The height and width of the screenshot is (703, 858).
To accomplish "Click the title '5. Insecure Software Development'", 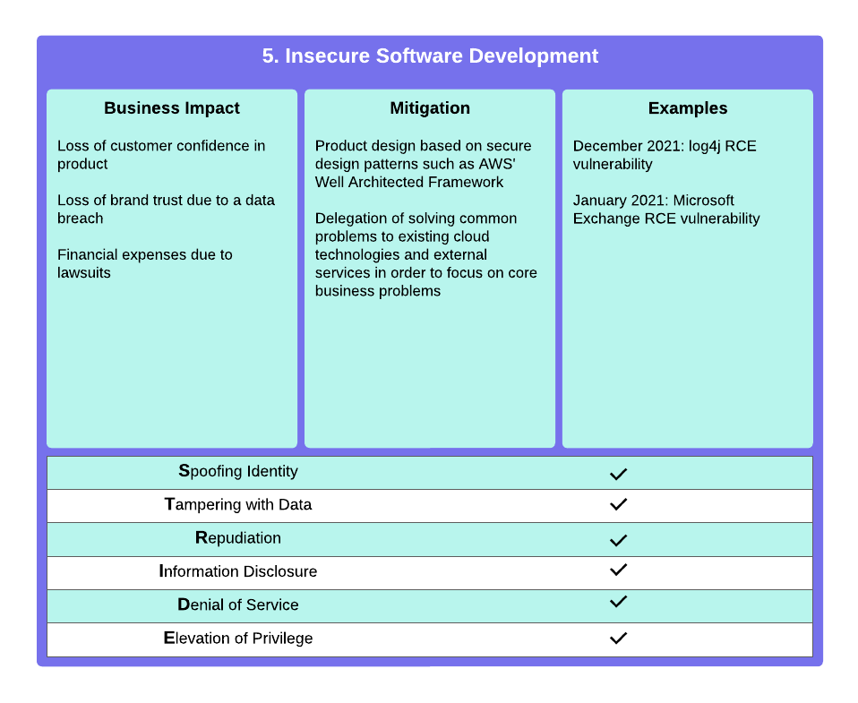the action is coord(430,56).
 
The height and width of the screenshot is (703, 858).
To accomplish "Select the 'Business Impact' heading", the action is coord(172,108).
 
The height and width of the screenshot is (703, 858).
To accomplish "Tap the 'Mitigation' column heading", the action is coord(430,108).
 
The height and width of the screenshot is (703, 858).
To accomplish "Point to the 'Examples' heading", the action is coord(687,108).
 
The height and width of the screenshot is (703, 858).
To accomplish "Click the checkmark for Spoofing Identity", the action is coord(618,474).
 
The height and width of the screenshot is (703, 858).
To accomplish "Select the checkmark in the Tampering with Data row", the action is coord(618,504).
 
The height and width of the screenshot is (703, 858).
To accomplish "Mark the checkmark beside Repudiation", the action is coord(618,540).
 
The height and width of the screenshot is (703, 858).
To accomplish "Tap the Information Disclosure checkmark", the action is coord(618,570).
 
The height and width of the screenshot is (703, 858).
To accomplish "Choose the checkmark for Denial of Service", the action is coord(618,601).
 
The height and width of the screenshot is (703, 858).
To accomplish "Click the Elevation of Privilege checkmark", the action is coord(618,638).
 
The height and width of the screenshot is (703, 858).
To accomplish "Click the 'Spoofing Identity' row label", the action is coord(238,472).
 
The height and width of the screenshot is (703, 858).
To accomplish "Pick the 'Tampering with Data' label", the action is coord(238,504).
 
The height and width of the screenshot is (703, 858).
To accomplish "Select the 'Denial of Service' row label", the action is coord(238,604).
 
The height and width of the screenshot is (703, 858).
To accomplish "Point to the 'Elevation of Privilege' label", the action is coord(238,639).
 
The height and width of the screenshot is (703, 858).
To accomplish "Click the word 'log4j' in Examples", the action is coord(704,147).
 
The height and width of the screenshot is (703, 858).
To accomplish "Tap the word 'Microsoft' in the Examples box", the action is coord(704,201).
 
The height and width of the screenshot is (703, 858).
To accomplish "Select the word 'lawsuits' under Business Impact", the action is coord(83,272).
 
